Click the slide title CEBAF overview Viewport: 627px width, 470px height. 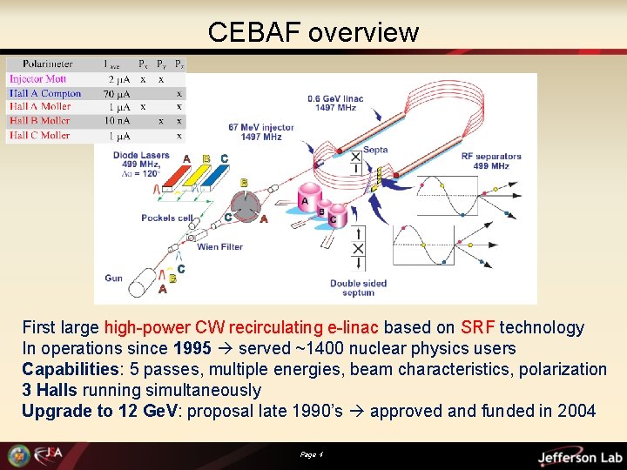pyautogui.click(x=313, y=32)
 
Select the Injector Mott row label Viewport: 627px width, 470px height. pyautogui.click(x=38, y=79)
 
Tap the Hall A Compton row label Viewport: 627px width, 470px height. pyautogui.click(x=45, y=93)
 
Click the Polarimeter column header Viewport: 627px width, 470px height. pyautogui.click(x=48, y=64)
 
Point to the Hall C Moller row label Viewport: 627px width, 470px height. pyautogui.click(x=40, y=135)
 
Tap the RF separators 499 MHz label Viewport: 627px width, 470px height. pyautogui.click(x=492, y=161)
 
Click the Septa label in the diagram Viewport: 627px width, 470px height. pyautogui.click(x=375, y=149)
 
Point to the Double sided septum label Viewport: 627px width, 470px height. pyautogui.click(x=358, y=287)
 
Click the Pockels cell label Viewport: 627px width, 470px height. pyautogui.click(x=167, y=218)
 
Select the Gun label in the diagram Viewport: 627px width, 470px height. pyautogui.click(x=114, y=278)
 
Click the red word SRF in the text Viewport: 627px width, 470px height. pyautogui.click(x=479, y=328)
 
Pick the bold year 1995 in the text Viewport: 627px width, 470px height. pyautogui.click(x=192, y=349)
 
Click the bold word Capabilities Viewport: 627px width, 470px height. pyautogui.click(x=71, y=370)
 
